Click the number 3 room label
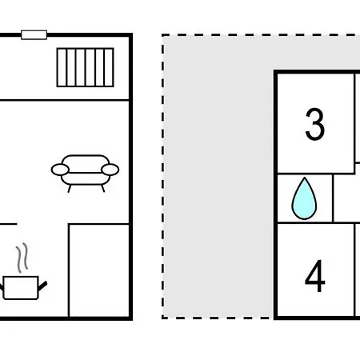click(315, 124)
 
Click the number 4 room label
click(315, 276)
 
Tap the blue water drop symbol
click(304, 198)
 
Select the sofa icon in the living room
click(85, 174)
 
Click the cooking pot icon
click(22, 288)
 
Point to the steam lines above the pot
click(22, 258)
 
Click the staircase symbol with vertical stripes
click(86, 67)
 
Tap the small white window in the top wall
click(34, 35)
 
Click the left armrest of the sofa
click(60, 170)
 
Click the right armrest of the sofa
click(110, 170)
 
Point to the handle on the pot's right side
click(42, 286)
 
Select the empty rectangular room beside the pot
click(99, 270)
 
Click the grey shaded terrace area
click(218, 176)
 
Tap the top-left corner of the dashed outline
click(163, 35)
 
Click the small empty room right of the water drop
click(346, 198)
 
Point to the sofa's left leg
click(70, 189)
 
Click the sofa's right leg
click(102, 188)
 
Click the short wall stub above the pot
click(9, 224)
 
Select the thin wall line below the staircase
click(65, 100)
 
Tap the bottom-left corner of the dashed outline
click(163, 318)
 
